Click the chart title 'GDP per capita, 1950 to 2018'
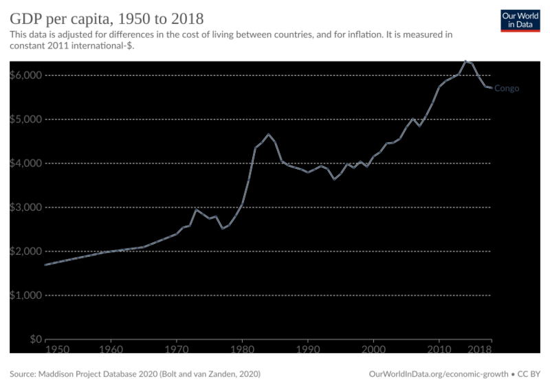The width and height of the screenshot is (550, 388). [107, 17]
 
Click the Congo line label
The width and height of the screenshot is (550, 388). [507, 89]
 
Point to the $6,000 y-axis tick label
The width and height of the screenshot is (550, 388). [25, 75]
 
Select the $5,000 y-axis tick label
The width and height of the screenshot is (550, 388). [25, 119]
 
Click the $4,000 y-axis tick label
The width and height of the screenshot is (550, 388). [25, 163]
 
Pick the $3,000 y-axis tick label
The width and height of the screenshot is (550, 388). [25, 207]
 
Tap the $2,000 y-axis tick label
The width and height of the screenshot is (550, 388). [25, 251]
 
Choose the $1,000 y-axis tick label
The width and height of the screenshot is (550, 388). [25, 295]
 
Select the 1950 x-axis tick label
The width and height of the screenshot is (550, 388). [56, 350]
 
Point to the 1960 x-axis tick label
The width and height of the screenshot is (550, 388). [111, 350]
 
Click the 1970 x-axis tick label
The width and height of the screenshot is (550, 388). [177, 350]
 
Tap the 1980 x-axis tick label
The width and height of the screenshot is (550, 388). [242, 350]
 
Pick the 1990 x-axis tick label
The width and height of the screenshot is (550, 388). [307, 350]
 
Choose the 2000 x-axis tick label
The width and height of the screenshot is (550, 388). [373, 350]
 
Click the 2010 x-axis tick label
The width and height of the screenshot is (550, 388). [439, 350]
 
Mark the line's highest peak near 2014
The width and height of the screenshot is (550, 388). [465, 60]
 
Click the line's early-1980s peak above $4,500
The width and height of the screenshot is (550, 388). [268, 134]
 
